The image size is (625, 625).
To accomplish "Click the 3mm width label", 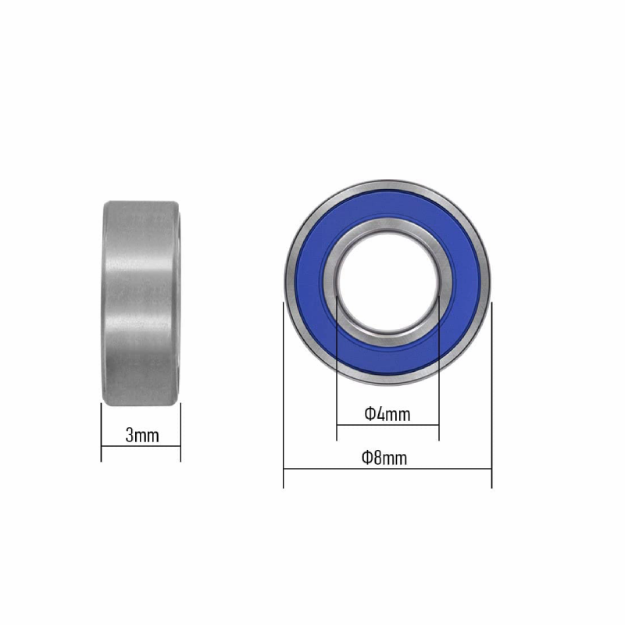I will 141,435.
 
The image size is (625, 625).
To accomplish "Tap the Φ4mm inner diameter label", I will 387,414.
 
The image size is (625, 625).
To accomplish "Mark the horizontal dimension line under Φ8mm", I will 387,470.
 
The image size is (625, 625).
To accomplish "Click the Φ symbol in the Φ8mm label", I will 366,458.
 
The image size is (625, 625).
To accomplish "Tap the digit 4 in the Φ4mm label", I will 380,414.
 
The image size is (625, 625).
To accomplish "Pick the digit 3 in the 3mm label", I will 130,435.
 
